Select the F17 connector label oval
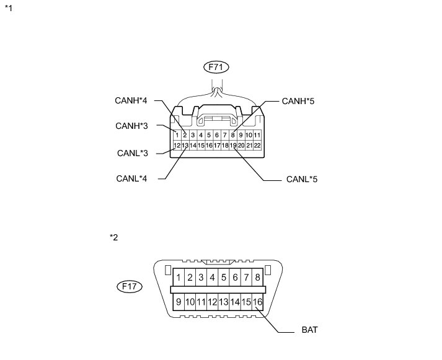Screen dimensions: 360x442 [x=130, y=287]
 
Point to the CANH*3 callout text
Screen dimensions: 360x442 [x=131, y=125]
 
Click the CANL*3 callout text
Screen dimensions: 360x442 [x=131, y=152]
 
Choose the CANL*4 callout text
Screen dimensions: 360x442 [x=131, y=178]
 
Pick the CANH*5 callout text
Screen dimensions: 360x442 [x=299, y=100]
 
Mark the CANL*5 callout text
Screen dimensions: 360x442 [x=302, y=180]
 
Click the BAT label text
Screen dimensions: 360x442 [x=310, y=330]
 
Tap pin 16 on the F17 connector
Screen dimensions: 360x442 [x=257, y=302]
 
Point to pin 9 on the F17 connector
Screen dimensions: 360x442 [x=179, y=302]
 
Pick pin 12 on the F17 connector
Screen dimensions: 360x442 [x=213, y=302]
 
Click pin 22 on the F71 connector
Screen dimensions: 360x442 [x=257, y=145]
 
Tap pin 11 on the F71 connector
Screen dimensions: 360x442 [x=257, y=134]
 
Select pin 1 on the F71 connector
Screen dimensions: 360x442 [x=177, y=134]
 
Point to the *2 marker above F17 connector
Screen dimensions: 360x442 [x=113, y=237]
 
